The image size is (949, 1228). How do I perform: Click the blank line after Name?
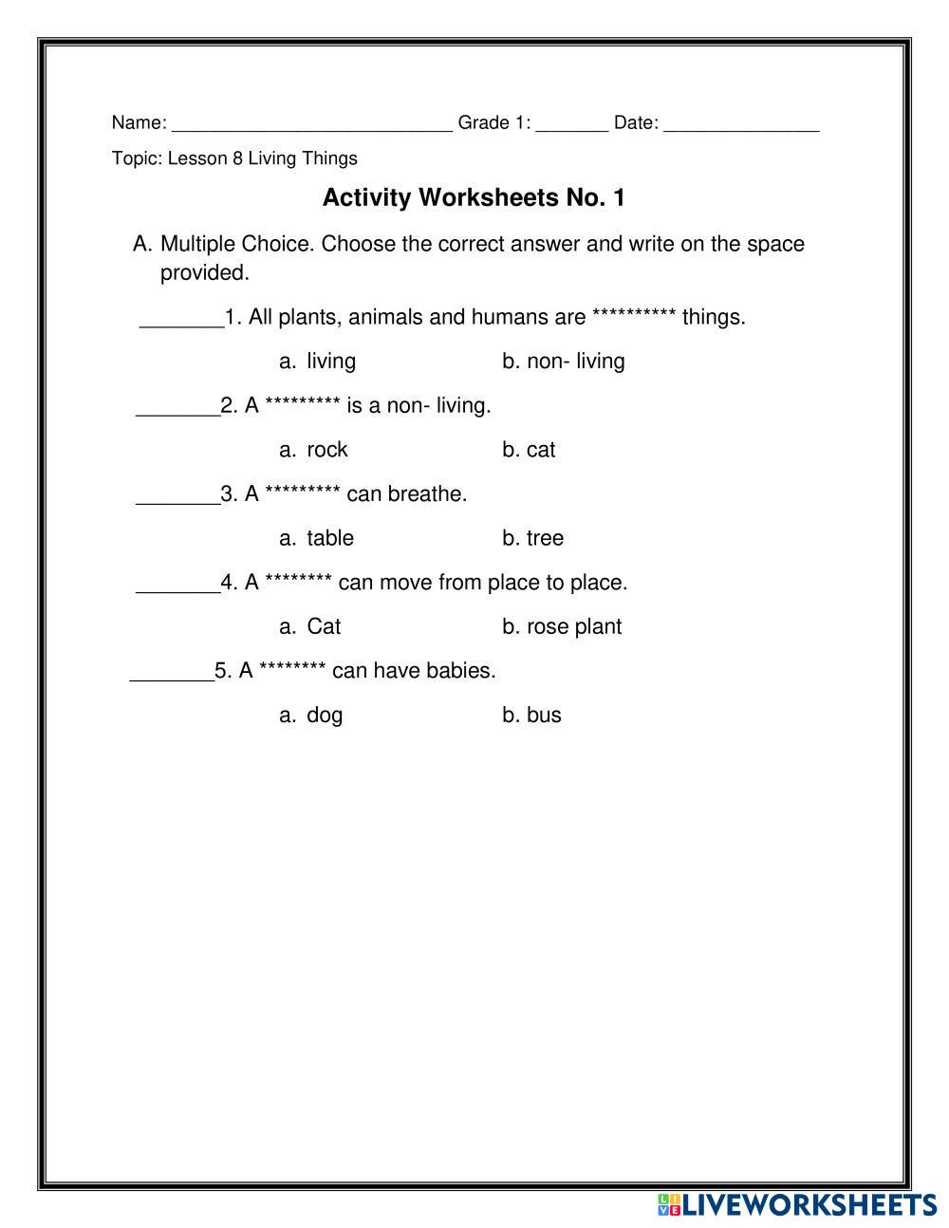312,123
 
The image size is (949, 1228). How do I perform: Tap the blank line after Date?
741,123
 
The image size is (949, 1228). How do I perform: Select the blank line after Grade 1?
571,123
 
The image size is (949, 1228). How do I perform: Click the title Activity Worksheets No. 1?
474,198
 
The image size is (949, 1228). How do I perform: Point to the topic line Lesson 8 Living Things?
234,158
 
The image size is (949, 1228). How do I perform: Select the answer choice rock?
326,450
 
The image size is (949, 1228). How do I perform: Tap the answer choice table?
329,538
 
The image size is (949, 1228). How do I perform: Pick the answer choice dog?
324,716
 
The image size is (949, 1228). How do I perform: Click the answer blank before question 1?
181,321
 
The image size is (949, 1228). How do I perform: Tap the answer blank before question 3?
177,498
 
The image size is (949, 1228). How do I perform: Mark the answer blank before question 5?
171,675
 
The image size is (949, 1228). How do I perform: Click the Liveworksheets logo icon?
668,1205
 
